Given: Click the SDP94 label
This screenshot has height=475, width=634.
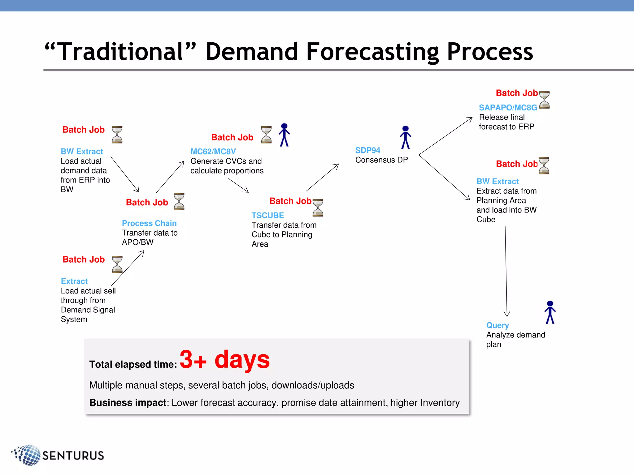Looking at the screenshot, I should (x=367, y=150).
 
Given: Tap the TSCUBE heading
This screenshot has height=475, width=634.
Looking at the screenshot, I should (x=267, y=215).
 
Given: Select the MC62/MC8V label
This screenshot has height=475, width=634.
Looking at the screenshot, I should (x=213, y=152).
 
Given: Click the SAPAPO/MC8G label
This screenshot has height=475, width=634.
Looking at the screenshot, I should (x=508, y=108).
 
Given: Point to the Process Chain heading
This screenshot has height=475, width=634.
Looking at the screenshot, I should (x=149, y=223).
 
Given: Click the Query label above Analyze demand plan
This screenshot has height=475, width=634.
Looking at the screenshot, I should (x=497, y=325).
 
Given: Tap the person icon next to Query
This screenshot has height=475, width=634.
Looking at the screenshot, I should (x=550, y=312).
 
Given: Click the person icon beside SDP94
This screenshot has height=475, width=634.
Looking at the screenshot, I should (x=405, y=137).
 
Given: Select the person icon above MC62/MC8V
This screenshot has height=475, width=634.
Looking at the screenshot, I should (x=284, y=135).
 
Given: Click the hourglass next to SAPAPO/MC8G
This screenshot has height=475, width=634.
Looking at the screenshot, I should (x=544, y=100).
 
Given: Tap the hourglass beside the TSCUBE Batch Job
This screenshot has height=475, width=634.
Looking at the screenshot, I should (x=318, y=208).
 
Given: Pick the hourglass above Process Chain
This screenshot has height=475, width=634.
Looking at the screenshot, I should (x=179, y=202).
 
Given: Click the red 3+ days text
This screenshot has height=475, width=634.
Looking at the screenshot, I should (x=224, y=359).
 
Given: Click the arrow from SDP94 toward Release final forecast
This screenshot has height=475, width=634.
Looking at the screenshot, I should (x=446, y=136).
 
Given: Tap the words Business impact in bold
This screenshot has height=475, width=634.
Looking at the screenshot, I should (x=128, y=403).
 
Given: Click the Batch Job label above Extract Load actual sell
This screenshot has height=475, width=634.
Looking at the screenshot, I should (x=84, y=259).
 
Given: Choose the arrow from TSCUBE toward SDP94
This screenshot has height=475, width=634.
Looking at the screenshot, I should (x=322, y=178).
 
